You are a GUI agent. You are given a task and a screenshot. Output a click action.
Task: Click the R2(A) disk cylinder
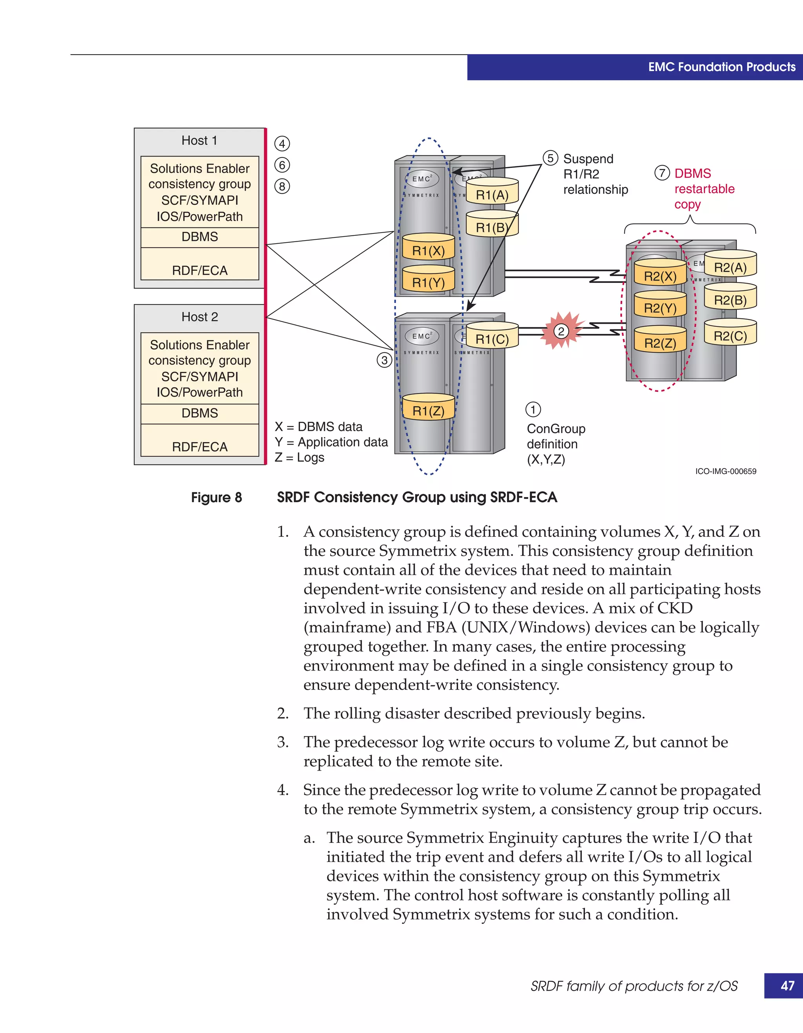730,265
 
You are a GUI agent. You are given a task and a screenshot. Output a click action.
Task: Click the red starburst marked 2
561,331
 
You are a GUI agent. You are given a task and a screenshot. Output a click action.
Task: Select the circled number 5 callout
550,158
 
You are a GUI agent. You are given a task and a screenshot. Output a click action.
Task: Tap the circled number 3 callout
384,361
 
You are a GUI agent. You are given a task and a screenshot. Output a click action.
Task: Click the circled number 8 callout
282,186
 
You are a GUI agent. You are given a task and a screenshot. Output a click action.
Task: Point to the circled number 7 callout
662,173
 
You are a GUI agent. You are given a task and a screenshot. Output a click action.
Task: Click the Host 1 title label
200,140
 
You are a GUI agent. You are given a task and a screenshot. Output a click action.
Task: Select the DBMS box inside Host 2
200,414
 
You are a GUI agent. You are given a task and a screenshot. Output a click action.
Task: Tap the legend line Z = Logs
300,458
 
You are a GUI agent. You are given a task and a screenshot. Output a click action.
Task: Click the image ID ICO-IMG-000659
725,472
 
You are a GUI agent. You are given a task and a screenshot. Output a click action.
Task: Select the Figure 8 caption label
216,497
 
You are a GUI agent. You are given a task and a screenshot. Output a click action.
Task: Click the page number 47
787,986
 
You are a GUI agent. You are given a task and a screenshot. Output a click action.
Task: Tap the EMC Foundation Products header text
722,67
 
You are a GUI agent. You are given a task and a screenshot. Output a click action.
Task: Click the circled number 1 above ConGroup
533,410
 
